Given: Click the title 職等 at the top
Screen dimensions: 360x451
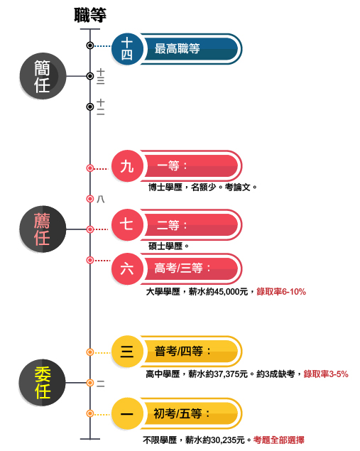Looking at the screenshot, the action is click(90, 15).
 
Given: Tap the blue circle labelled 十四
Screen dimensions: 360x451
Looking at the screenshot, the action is click(127, 49).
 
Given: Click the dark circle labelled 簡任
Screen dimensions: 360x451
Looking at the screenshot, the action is click(43, 76).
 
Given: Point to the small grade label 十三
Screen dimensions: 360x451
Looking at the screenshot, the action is click(100, 76).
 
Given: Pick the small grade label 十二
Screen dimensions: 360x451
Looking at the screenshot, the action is click(100, 107).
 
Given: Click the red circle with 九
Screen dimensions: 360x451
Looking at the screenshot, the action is click(127, 166).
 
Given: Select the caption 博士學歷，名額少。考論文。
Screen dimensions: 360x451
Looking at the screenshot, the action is click(202, 188).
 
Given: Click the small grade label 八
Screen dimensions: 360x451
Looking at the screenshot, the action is click(100, 199).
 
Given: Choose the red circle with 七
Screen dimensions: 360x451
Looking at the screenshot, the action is click(127, 224).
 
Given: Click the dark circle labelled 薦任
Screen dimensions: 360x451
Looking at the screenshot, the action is click(43, 229).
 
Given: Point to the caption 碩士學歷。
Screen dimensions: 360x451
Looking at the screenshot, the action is click(168, 246).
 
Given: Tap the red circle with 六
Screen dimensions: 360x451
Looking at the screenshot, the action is click(127, 269).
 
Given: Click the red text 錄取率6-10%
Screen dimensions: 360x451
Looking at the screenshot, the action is click(281, 292).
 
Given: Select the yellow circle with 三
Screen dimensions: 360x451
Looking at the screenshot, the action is click(127, 351).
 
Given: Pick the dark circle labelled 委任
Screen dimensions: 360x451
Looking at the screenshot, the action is click(43, 383).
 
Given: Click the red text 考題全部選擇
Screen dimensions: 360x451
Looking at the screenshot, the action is click(278, 440).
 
